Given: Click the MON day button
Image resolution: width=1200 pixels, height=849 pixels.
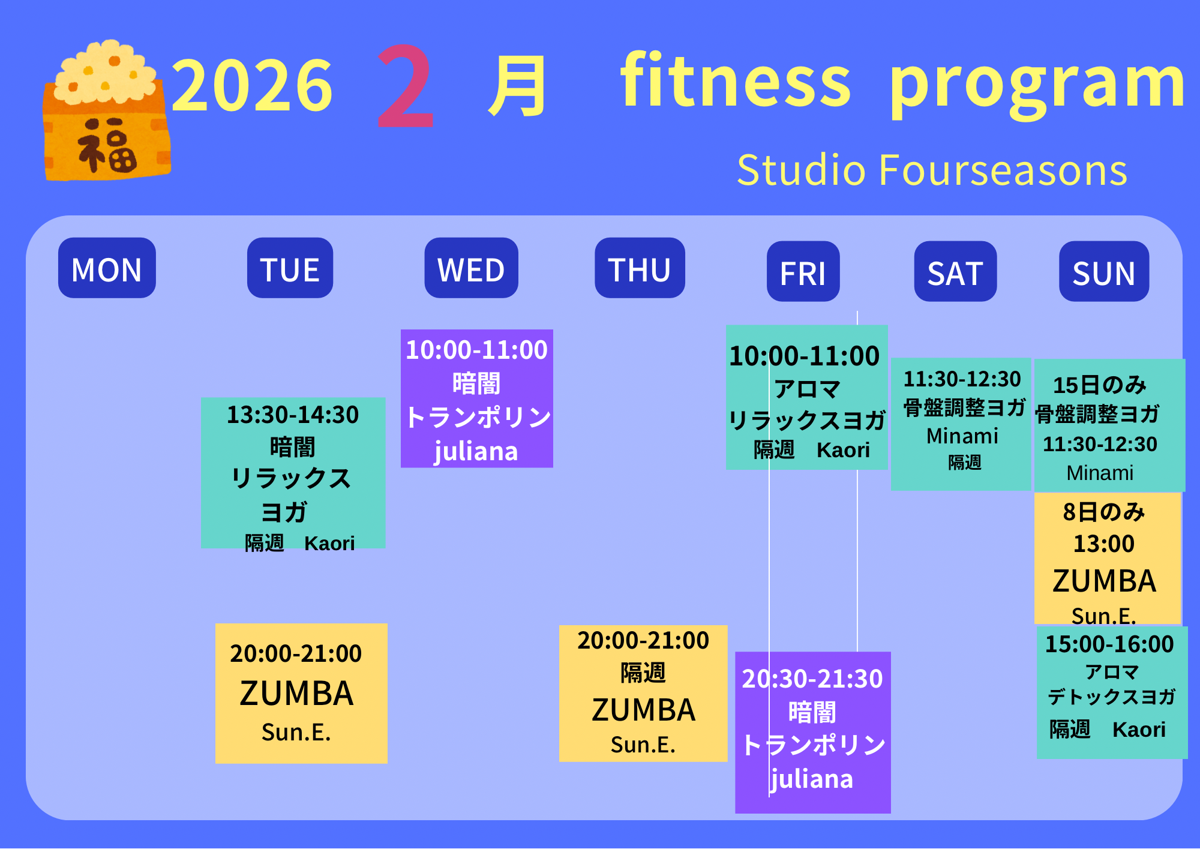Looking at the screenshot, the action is [x=107, y=268].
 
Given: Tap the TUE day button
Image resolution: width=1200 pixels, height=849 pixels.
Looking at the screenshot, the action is [x=290, y=268].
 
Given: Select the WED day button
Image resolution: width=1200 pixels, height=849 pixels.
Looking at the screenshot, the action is [x=471, y=268].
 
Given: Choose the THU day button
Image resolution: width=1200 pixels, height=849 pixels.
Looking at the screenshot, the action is [x=640, y=268].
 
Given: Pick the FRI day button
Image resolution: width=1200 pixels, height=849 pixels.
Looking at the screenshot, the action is [x=803, y=271].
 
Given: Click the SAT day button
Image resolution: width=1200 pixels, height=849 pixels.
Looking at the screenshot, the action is [x=955, y=271].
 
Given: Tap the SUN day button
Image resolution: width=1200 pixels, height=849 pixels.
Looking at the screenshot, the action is [x=1104, y=271].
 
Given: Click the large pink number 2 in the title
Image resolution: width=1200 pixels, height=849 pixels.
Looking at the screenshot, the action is [x=405, y=86].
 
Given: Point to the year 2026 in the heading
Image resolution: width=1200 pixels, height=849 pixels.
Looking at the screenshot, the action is [x=252, y=85].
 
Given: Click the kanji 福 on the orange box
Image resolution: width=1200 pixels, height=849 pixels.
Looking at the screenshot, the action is [x=107, y=145].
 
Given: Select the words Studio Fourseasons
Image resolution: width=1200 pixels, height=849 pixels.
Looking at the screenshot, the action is [x=932, y=170].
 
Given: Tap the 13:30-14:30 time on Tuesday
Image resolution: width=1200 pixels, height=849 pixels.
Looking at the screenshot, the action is [x=293, y=415].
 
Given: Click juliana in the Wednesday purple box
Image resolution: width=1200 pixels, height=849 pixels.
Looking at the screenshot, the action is [x=476, y=451].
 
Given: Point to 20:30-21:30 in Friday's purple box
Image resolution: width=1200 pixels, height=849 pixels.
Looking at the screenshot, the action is [x=812, y=679].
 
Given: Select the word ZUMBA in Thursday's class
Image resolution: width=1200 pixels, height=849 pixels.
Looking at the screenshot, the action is [x=643, y=710].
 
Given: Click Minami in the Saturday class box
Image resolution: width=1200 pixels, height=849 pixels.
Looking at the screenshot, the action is [x=962, y=436].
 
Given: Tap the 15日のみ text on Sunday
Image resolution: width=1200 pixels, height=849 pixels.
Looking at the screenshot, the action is [x=1100, y=385].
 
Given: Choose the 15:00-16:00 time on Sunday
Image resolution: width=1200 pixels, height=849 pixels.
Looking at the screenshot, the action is [x=1109, y=644].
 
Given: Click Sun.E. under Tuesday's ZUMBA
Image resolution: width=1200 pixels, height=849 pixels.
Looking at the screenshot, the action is [x=296, y=732].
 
